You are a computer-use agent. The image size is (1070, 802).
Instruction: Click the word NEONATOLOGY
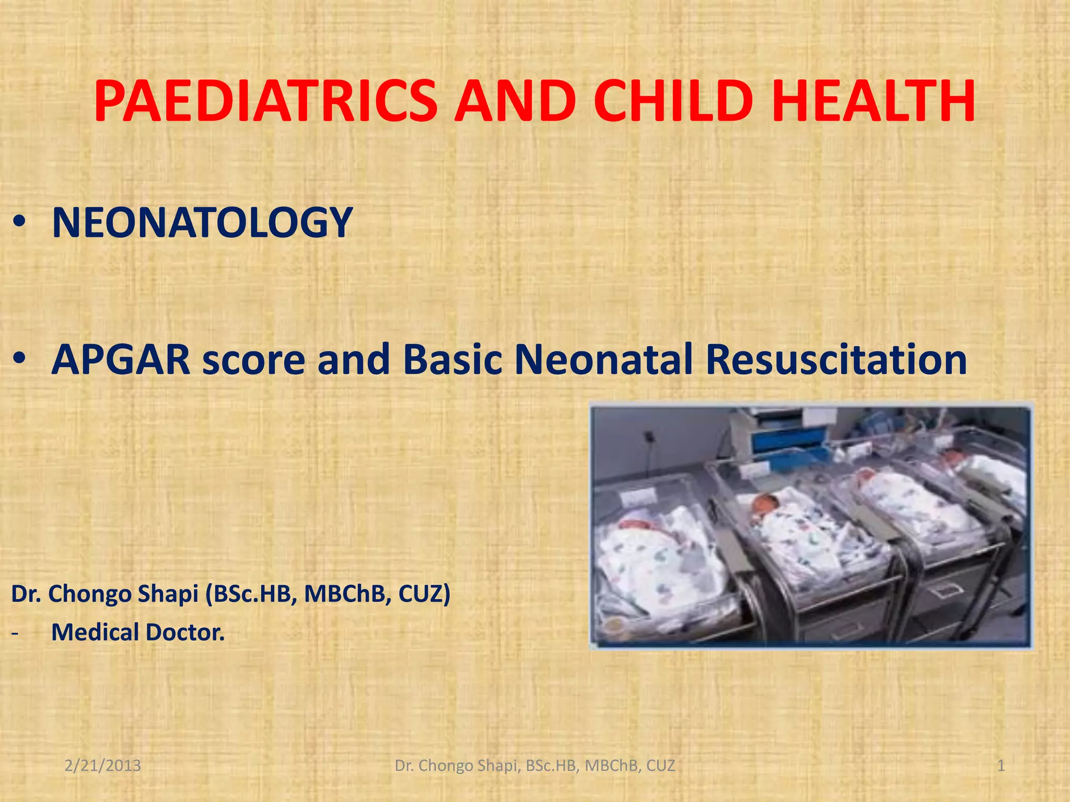[202, 223]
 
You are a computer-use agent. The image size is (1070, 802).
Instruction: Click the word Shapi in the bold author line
[168, 594]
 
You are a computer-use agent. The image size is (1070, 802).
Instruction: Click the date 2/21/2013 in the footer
[103, 765]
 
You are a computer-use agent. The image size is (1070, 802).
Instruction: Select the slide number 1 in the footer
[1001, 765]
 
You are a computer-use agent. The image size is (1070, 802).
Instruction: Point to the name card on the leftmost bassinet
[639, 497]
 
